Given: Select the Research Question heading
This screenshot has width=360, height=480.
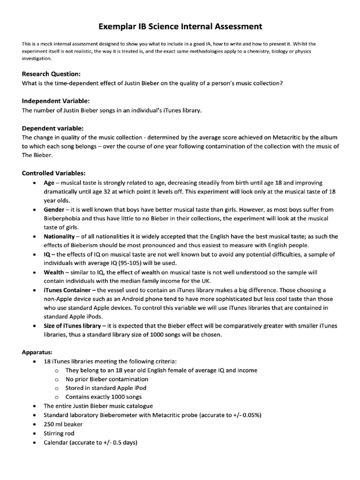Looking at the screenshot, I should [x=52, y=74].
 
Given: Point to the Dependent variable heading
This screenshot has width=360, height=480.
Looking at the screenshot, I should [x=53, y=128].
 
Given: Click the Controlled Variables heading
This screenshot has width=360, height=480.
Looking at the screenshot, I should [x=53, y=173].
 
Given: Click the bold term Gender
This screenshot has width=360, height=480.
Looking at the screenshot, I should [x=54, y=209].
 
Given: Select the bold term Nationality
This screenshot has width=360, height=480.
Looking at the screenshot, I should [x=59, y=236].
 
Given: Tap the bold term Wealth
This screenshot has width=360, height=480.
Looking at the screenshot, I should [x=54, y=272].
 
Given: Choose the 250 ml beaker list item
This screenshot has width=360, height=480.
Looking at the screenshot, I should [x=63, y=424].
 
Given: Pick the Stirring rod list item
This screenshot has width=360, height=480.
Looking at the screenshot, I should [x=59, y=434].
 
